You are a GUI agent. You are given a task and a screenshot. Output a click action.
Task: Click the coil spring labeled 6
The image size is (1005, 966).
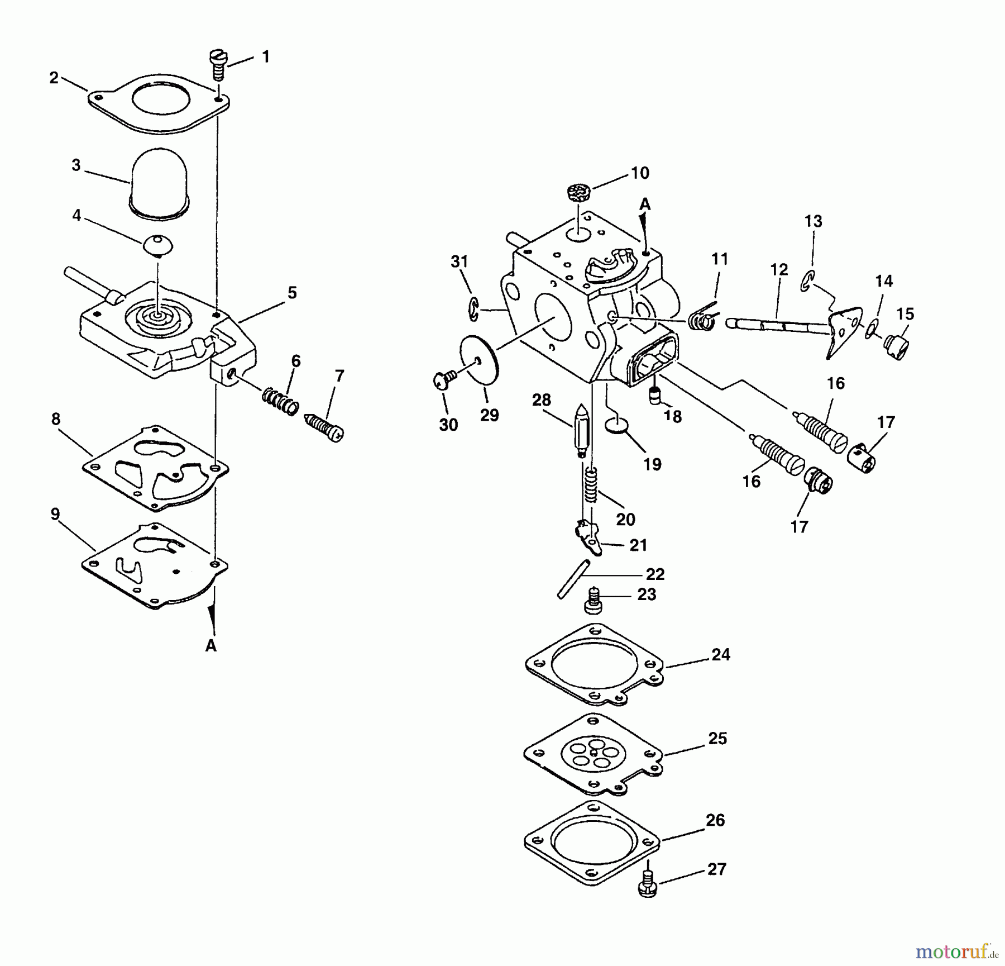point(280,402)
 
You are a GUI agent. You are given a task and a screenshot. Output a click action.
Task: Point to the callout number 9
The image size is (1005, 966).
point(55,514)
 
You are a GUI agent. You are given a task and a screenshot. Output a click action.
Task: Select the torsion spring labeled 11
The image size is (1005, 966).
point(701,318)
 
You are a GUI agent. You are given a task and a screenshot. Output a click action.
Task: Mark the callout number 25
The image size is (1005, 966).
point(717,739)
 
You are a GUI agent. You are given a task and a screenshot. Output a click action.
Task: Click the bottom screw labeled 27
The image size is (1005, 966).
point(647,886)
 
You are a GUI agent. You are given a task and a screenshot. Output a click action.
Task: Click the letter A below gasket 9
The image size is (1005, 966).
point(210,646)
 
